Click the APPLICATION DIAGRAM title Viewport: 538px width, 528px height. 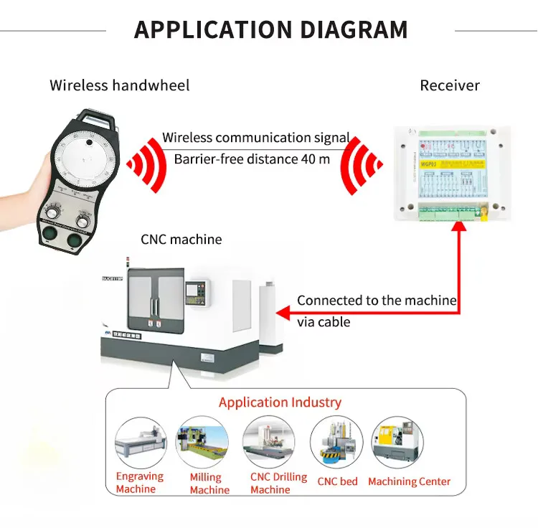click(270, 30)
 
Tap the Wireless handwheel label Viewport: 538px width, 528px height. click(120, 85)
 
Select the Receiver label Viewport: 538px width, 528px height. click(449, 85)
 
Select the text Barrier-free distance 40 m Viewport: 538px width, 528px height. click(252, 159)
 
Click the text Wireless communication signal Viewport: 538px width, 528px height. click(256, 137)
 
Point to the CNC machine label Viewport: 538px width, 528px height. click(181, 239)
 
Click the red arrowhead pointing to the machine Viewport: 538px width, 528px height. click(284, 312)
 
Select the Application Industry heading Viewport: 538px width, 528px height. click(280, 402)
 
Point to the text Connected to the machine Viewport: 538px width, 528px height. click(377, 301)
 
